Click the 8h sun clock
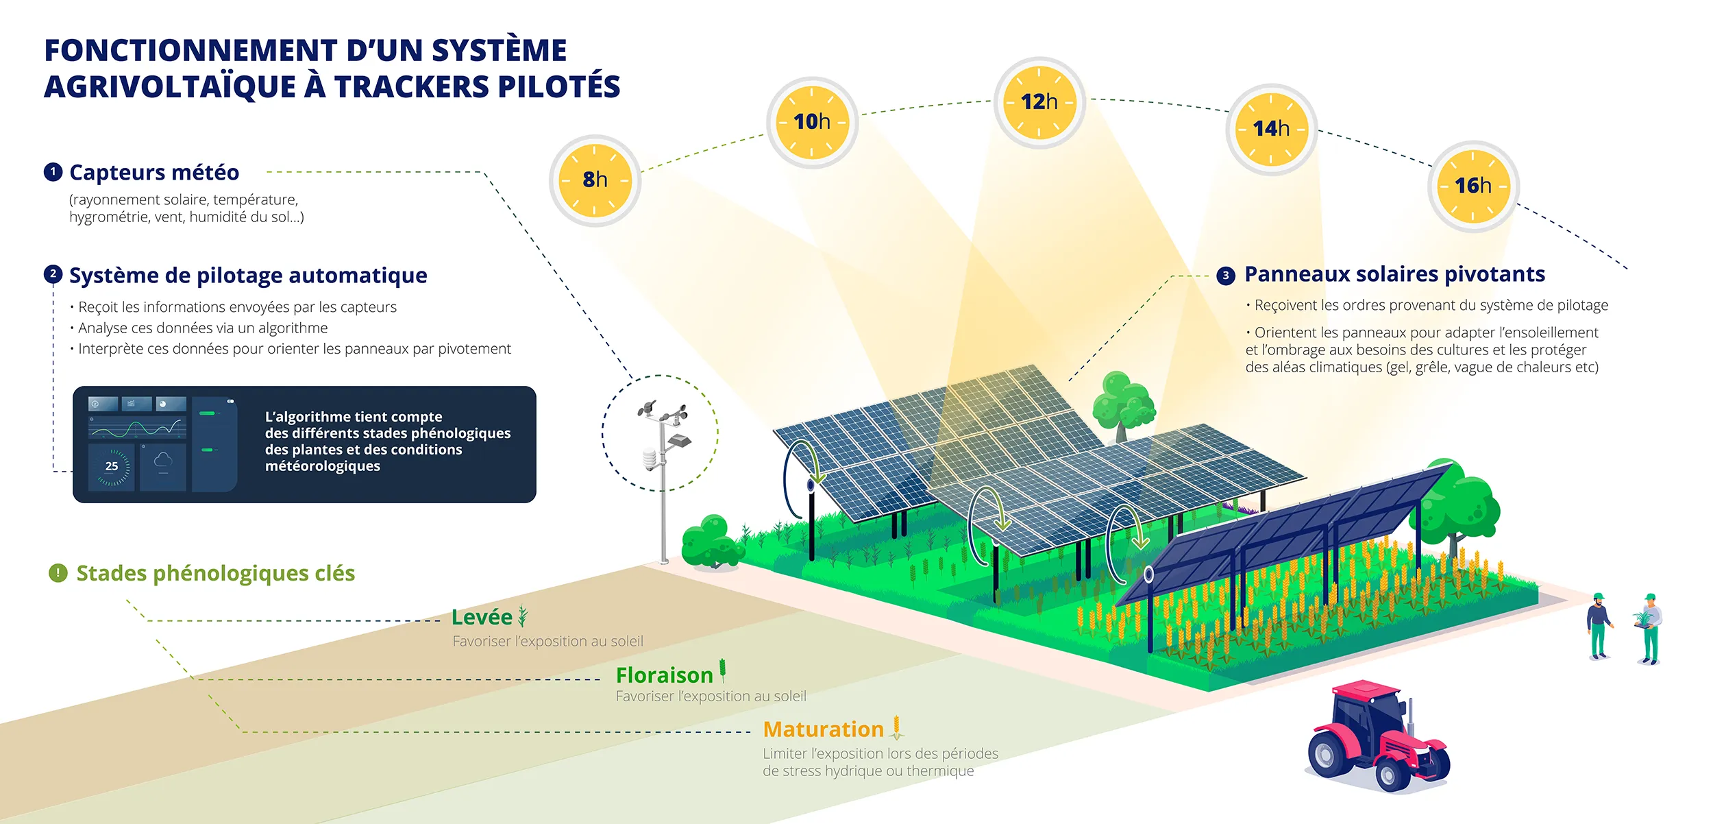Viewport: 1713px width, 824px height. [x=594, y=180]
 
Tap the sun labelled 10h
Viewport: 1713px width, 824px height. [x=812, y=122]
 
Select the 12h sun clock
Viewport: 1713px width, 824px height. [x=1039, y=102]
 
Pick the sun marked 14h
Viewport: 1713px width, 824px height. [x=1271, y=129]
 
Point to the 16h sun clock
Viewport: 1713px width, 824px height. [x=1473, y=186]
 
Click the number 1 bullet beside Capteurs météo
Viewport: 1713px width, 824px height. [x=53, y=172]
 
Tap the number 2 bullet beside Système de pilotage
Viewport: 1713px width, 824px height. [x=53, y=274]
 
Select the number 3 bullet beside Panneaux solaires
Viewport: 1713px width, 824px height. [x=1226, y=276]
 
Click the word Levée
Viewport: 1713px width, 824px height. [x=482, y=617]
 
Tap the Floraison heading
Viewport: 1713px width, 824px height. [x=664, y=675]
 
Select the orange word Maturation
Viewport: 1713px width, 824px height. [x=823, y=729]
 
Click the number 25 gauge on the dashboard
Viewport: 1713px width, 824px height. [x=112, y=466]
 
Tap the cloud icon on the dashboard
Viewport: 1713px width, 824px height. [x=163, y=461]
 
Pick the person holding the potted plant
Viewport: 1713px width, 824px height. [x=1650, y=627]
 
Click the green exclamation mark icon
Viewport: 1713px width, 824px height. [x=58, y=572]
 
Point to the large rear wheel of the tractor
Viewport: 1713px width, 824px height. [x=1328, y=754]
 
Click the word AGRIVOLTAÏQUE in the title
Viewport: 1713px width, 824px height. [x=171, y=87]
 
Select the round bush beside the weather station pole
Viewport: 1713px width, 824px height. [x=711, y=542]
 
